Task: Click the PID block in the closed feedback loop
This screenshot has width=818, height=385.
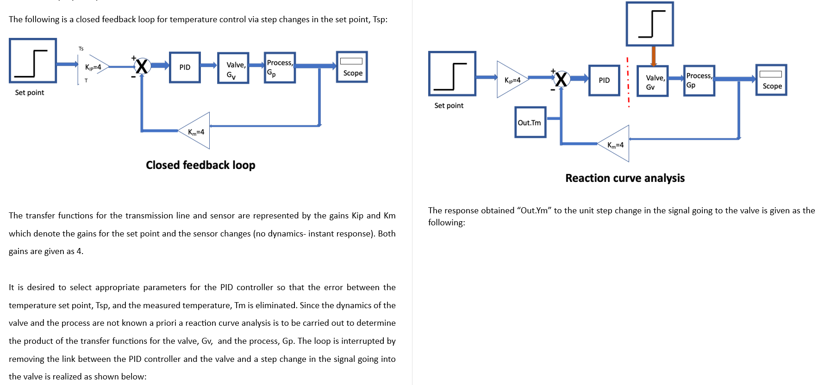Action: [185, 68]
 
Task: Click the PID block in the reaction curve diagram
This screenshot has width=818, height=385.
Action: [604, 81]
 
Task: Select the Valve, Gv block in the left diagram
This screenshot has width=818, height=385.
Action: [233, 68]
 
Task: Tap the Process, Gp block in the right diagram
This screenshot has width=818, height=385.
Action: [699, 81]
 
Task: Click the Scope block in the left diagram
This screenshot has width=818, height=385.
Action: [352, 68]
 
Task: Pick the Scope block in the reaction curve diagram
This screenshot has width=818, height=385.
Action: [771, 80]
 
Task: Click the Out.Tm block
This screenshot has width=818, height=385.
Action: [530, 123]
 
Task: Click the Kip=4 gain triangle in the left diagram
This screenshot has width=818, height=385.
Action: [94, 68]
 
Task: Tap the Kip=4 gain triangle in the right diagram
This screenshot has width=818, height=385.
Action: [512, 80]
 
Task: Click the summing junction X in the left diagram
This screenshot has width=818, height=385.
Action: [142, 67]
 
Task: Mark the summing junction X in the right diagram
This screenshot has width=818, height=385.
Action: [561, 79]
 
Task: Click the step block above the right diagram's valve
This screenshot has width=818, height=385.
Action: [649, 24]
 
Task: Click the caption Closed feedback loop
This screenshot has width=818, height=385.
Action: [200, 165]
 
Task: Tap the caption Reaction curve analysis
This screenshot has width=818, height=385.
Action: [624, 178]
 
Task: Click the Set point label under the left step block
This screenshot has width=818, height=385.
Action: [30, 93]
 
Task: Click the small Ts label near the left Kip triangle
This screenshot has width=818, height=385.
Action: [81, 49]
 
